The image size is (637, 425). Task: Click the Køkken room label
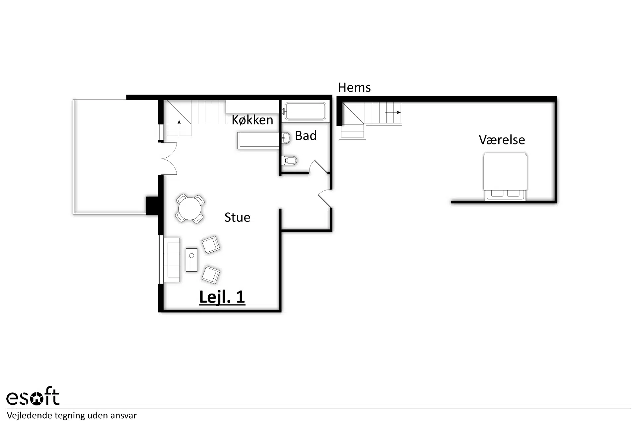(252, 120)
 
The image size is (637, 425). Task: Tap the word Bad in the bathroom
(306, 135)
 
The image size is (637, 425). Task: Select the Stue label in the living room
(237, 217)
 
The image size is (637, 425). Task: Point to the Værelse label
(502, 140)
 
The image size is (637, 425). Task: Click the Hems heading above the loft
(354, 87)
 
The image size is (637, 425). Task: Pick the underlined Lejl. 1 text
(222, 297)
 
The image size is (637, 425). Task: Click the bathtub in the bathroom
(305, 111)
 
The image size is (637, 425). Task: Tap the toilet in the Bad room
(289, 161)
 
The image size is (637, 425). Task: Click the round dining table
(190, 209)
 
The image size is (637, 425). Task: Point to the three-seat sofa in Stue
(172, 260)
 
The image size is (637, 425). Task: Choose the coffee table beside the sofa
(191, 260)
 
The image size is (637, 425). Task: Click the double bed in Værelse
(505, 177)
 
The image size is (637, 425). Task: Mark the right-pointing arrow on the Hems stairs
(393, 113)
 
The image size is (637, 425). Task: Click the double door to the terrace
(169, 159)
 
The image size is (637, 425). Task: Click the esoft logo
(33, 396)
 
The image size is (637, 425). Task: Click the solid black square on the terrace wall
(152, 205)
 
